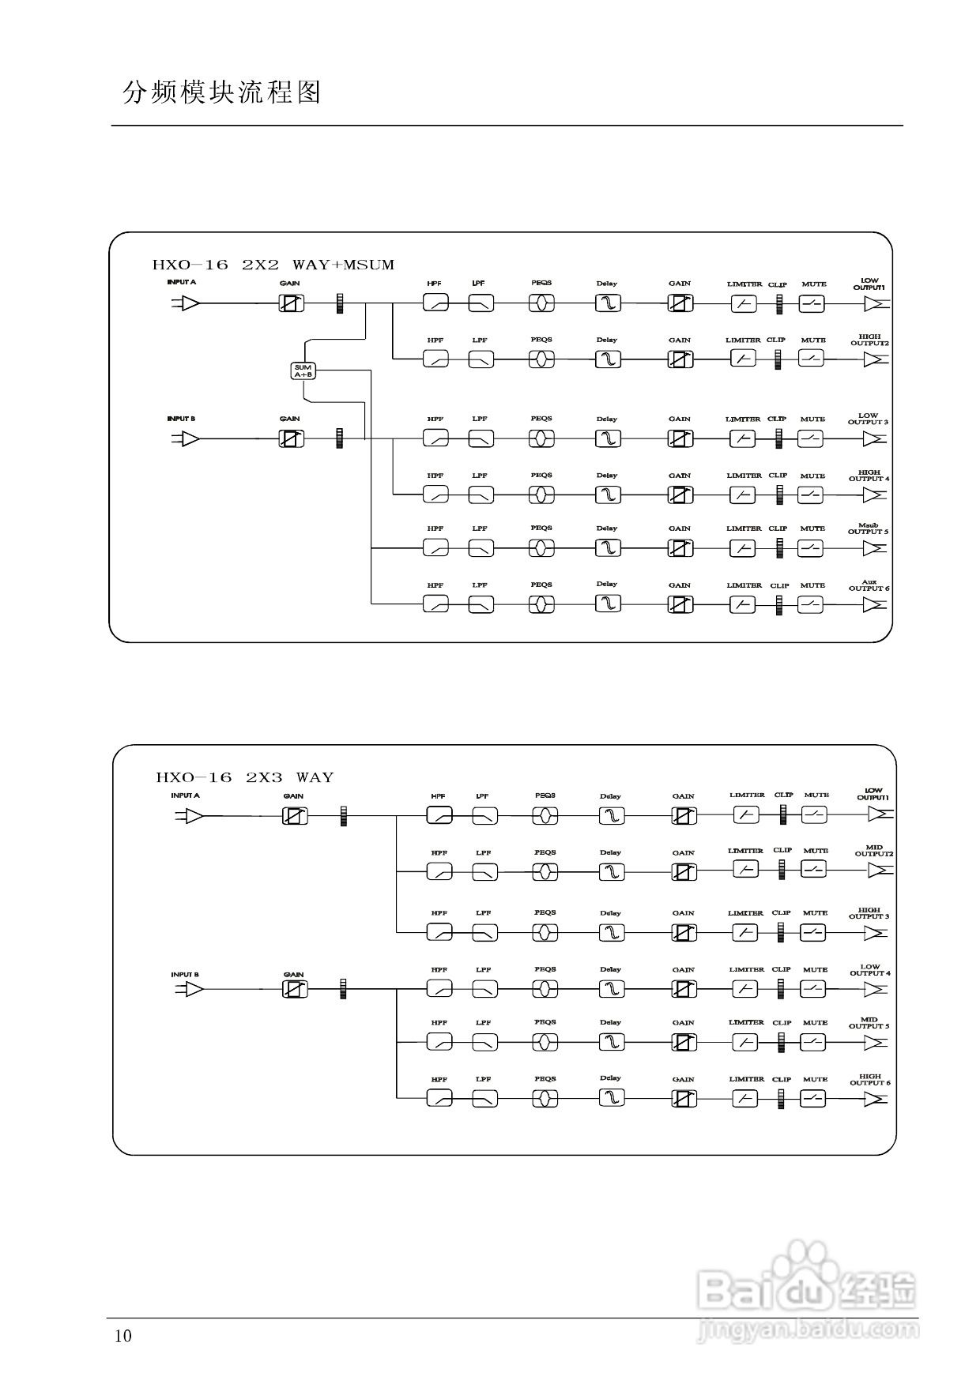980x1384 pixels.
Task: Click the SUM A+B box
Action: pos(303,370)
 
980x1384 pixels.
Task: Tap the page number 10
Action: pos(123,1336)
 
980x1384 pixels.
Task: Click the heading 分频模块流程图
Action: pos(222,92)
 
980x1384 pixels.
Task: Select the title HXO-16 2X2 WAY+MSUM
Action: pos(273,265)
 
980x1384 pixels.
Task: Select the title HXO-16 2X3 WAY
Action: pos(245,777)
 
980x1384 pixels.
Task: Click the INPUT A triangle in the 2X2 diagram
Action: pos(190,303)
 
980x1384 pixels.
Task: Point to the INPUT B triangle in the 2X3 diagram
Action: pos(193,988)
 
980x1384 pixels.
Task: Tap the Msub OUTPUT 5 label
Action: pos(868,528)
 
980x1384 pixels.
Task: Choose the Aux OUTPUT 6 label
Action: pos(869,585)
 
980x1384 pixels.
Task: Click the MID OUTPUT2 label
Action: pos(873,851)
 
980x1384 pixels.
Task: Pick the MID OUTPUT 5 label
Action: pos(869,1023)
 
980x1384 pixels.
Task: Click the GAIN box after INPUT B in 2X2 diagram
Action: pos(291,438)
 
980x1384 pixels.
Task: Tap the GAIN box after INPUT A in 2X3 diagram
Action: pos(295,816)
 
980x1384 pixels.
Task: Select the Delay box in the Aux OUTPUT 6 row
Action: pos(607,604)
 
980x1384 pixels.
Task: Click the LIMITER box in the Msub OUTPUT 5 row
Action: pos(742,547)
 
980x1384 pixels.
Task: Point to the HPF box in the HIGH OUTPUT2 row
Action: pos(435,359)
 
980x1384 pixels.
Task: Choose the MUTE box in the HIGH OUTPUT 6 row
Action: pos(813,1098)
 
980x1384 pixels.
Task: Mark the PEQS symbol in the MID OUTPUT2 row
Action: pos(545,872)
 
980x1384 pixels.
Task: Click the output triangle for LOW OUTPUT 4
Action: pos(875,988)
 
